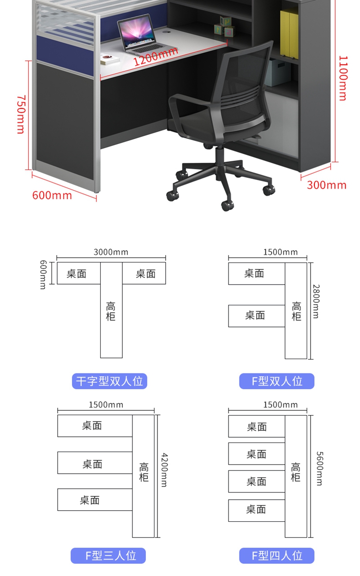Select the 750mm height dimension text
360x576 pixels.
click(21, 114)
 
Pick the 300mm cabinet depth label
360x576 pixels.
click(326, 185)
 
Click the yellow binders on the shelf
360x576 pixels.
click(289, 34)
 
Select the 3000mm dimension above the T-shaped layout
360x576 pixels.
click(111, 252)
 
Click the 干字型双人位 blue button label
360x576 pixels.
click(109, 381)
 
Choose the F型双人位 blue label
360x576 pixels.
click(277, 381)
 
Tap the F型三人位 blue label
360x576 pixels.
click(108, 555)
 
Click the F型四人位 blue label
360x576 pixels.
click(277, 555)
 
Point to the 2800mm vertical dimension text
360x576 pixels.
click(316, 301)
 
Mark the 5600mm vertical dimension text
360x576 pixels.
click(319, 468)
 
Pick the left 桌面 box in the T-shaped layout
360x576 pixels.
click(77, 274)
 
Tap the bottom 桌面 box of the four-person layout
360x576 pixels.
click(256, 510)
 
